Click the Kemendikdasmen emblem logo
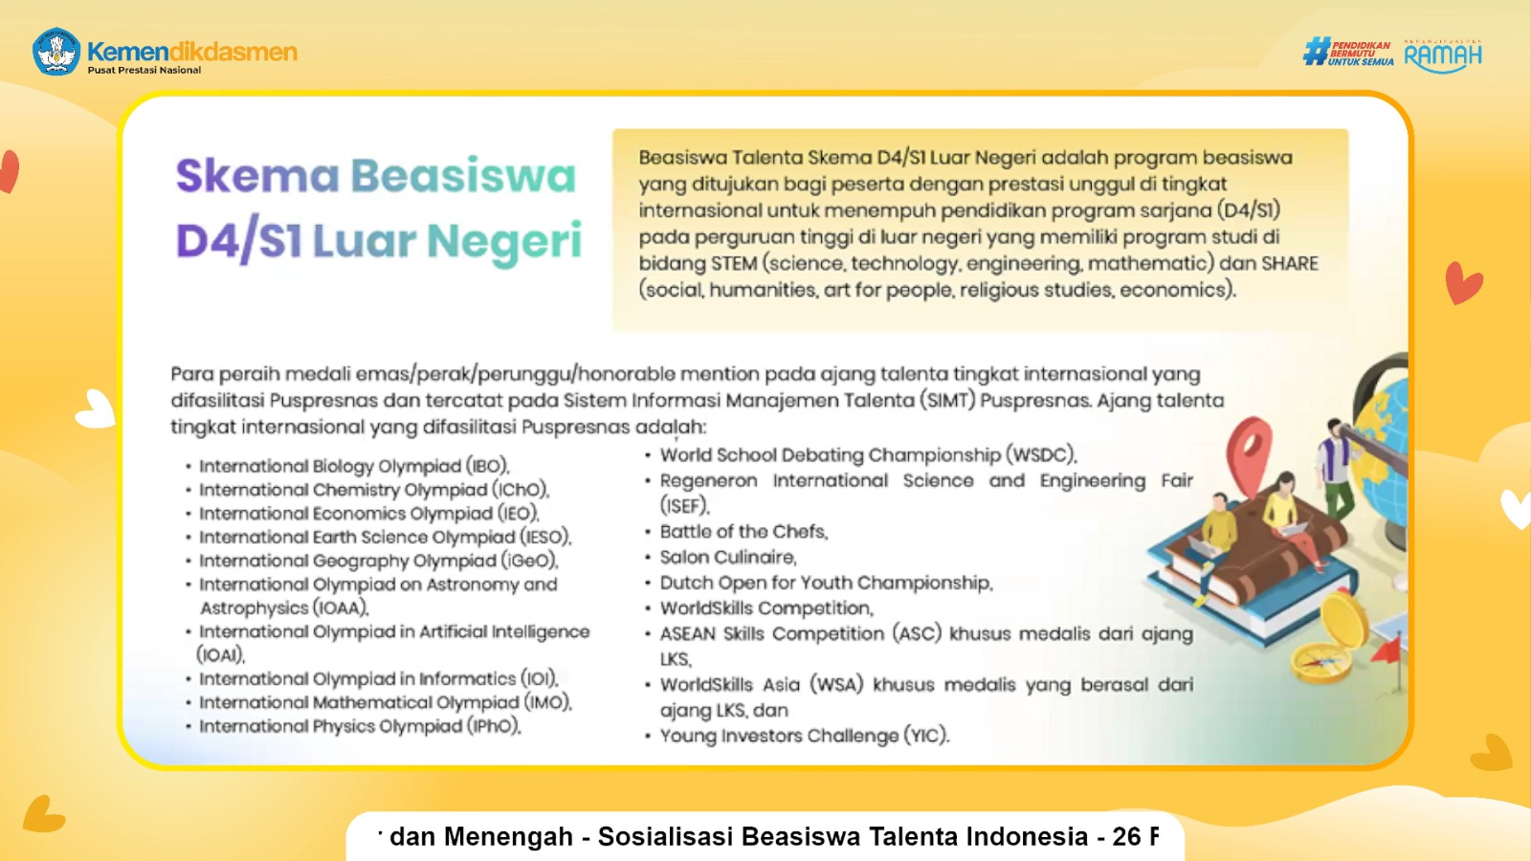click(x=56, y=52)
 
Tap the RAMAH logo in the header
click(x=1443, y=56)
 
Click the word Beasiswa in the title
click(x=463, y=177)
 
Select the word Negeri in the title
click(x=504, y=241)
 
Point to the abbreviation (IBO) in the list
click(x=487, y=467)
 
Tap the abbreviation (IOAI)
click(x=220, y=655)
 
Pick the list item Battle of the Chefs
click(x=743, y=532)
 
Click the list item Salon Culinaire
click(x=727, y=558)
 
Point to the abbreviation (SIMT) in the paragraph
click(x=947, y=401)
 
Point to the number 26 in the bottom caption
click(x=1126, y=837)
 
